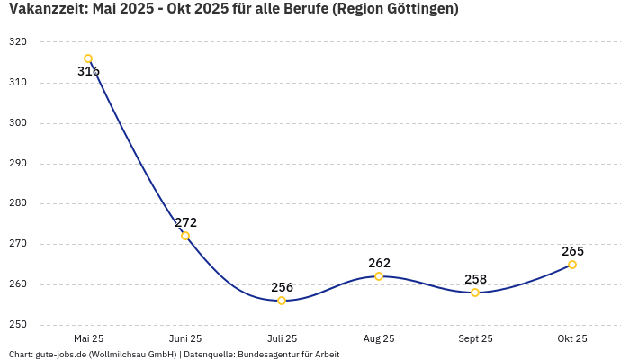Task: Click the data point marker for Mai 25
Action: [x=88, y=58]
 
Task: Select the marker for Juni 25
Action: [x=185, y=236]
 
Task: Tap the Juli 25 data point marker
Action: [x=282, y=301]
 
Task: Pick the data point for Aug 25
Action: [x=379, y=276]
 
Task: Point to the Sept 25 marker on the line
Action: [x=475, y=292]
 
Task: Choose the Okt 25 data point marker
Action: [x=572, y=265]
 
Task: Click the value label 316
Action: [x=88, y=72]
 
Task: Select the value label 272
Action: [x=185, y=222]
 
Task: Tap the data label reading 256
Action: [x=282, y=287]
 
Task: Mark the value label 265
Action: [x=572, y=251]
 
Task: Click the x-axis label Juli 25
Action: [x=282, y=338]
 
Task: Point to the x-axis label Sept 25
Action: [x=475, y=338]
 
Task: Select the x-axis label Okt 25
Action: [x=572, y=338]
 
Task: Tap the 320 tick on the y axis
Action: [x=18, y=42]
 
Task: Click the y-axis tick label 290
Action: [x=18, y=164]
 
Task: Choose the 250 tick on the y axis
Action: [x=18, y=325]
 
